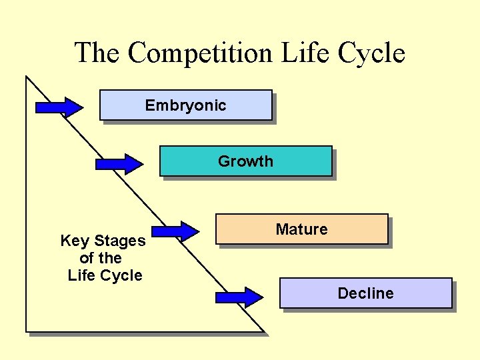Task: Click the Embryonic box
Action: point(186,105)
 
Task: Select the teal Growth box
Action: point(245,161)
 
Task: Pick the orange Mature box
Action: point(302,229)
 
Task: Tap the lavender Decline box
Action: point(365,293)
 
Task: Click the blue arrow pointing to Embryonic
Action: point(59,107)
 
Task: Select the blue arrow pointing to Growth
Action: point(119,163)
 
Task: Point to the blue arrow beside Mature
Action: point(175,231)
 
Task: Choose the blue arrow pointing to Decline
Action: point(239,297)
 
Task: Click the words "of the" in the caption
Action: point(101,258)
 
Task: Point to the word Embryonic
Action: point(186,105)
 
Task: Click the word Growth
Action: point(245,161)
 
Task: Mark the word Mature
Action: point(302,229)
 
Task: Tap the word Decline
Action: point(365,293)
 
